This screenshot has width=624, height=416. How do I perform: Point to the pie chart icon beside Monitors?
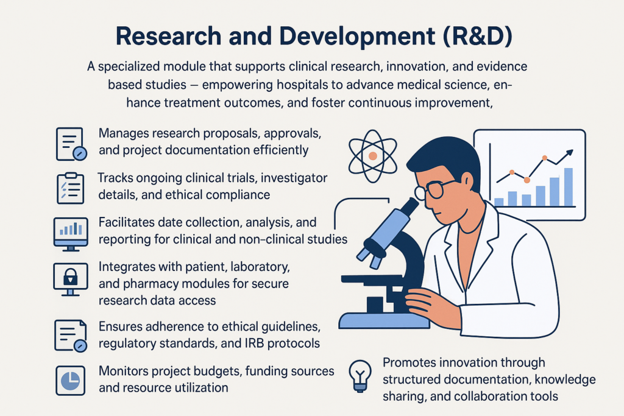pyautogui.click(x=69, y=379)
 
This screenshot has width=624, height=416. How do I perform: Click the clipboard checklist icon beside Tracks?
pyautogui.click(x=69, y=188)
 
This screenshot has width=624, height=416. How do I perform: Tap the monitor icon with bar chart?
pyautogui.click(x=69, y=233)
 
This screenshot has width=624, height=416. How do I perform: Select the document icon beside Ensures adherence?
pyautogui.click(x=69, y=334)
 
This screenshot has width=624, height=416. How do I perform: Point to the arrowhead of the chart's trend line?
pyautogui.click(x=570, y=152)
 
